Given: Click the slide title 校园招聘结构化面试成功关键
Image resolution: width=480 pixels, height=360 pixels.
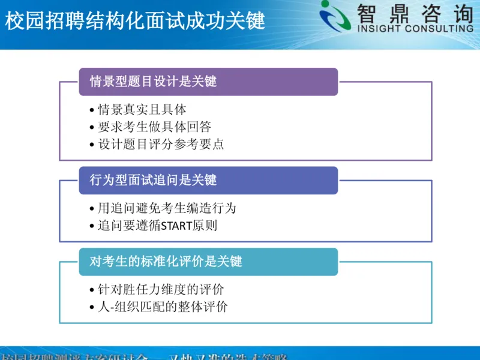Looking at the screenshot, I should pyautogui.click(x=134, y=22).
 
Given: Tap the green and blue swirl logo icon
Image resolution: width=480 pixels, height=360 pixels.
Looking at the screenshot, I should pyautogui.click(x=337, y=16).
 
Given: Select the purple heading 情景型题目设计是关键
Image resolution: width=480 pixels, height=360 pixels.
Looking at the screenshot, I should pyautogui.click(x=153, y=82).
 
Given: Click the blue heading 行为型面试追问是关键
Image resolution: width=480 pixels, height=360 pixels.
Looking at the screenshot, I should pyautogui.click(x=153, y=180).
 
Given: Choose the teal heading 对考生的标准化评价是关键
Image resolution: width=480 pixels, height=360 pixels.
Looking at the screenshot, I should pyautogui.click(x=166, y=262).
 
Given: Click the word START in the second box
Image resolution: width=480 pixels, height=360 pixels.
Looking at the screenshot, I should pyautogui.click(x=174, y=226).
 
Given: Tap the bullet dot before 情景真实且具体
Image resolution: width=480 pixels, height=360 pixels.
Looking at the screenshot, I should pyautogui.click(x=91, y=111).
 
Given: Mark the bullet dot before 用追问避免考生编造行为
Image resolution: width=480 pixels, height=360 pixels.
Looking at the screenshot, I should pyautogui.click(x=91, y=209).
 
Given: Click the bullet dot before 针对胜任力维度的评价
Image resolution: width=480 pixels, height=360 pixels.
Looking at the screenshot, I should pyautogui.click(x=91, y=290).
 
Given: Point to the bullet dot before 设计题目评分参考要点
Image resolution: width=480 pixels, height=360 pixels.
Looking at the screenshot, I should pyautogui.click(x=91, y=145).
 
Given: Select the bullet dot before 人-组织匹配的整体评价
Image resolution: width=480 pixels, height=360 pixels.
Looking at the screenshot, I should pyautogui.click(x=91, y=308).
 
